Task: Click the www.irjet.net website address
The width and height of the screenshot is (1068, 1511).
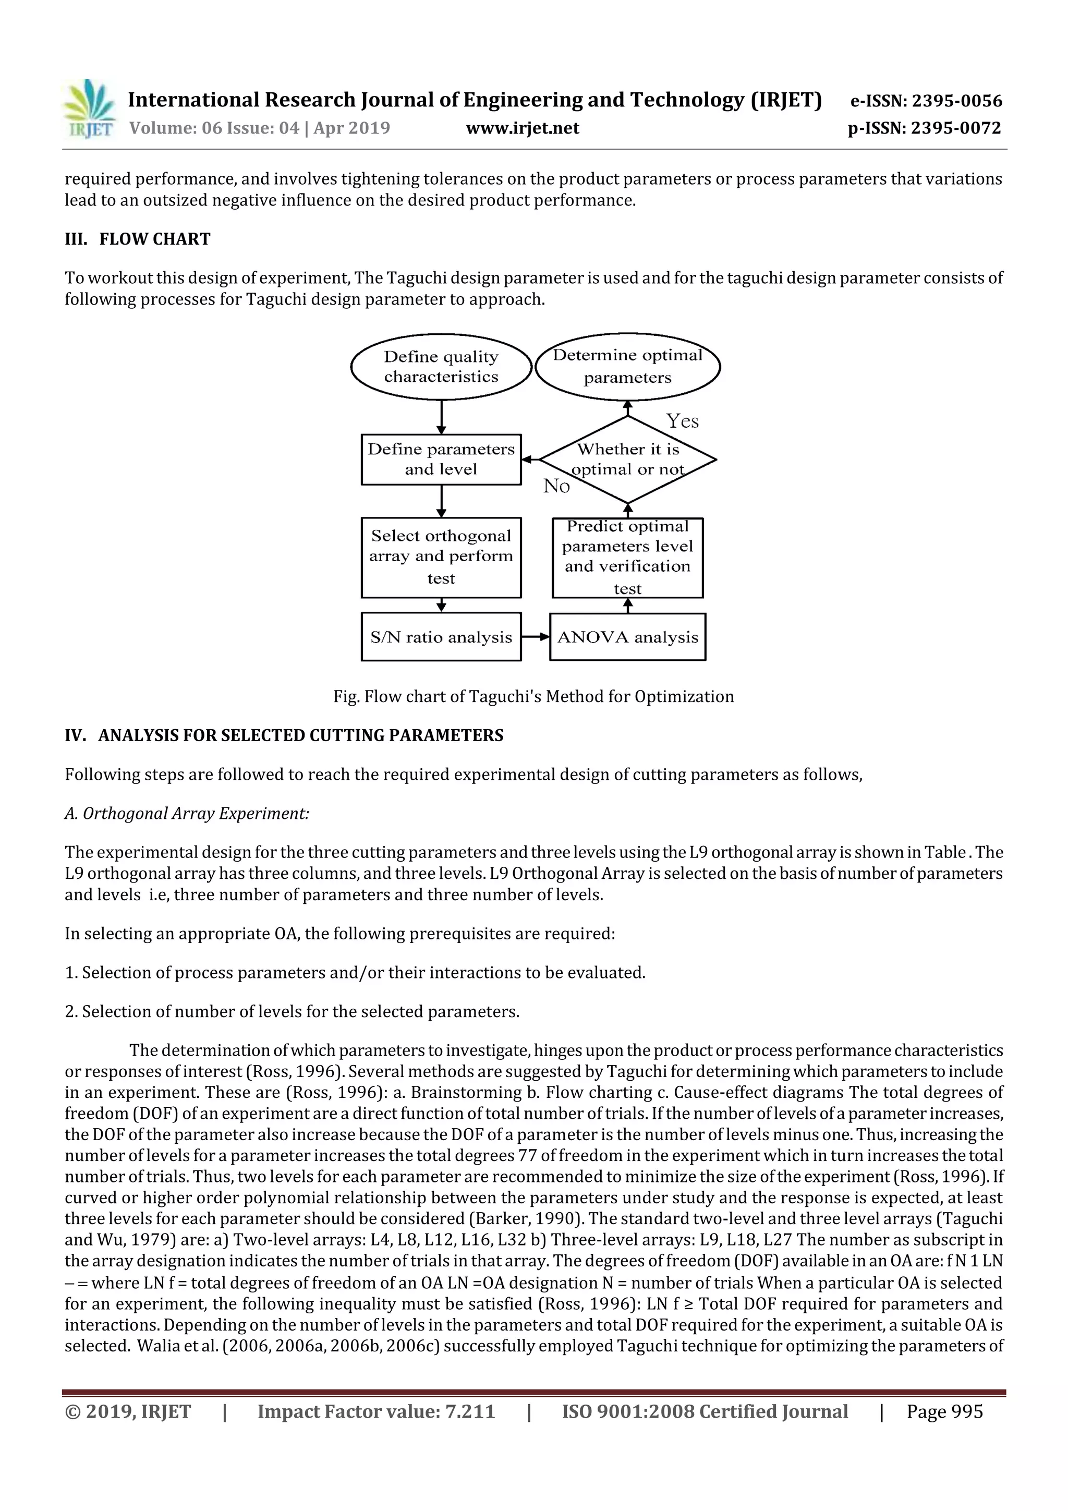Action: (523, 128)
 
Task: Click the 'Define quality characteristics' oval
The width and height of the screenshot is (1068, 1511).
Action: (441, 367)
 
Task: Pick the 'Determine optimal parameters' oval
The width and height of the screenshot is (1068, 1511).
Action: (627, 366)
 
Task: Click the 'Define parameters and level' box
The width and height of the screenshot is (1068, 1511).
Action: (441, 460)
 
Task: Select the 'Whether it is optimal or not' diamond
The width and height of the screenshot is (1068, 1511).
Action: (628, 460)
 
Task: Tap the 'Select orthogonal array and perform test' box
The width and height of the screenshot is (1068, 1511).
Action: (441, 557)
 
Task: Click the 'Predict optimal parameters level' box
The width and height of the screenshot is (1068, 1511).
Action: (627, 557)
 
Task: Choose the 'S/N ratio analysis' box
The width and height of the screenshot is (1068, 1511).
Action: (441, 636)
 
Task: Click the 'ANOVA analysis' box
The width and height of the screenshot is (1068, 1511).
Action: (627, 636)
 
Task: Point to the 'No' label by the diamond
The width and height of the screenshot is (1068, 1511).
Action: (556, 486)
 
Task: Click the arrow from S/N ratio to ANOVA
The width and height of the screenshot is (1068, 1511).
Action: (535, 636)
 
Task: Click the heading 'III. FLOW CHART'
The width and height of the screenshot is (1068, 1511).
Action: (138, 239)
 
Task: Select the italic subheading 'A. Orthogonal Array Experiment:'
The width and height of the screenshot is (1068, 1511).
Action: (187, 814)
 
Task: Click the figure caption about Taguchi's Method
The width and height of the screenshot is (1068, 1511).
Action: (533, 696)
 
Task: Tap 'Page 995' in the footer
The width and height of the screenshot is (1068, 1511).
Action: (944, 1411)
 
